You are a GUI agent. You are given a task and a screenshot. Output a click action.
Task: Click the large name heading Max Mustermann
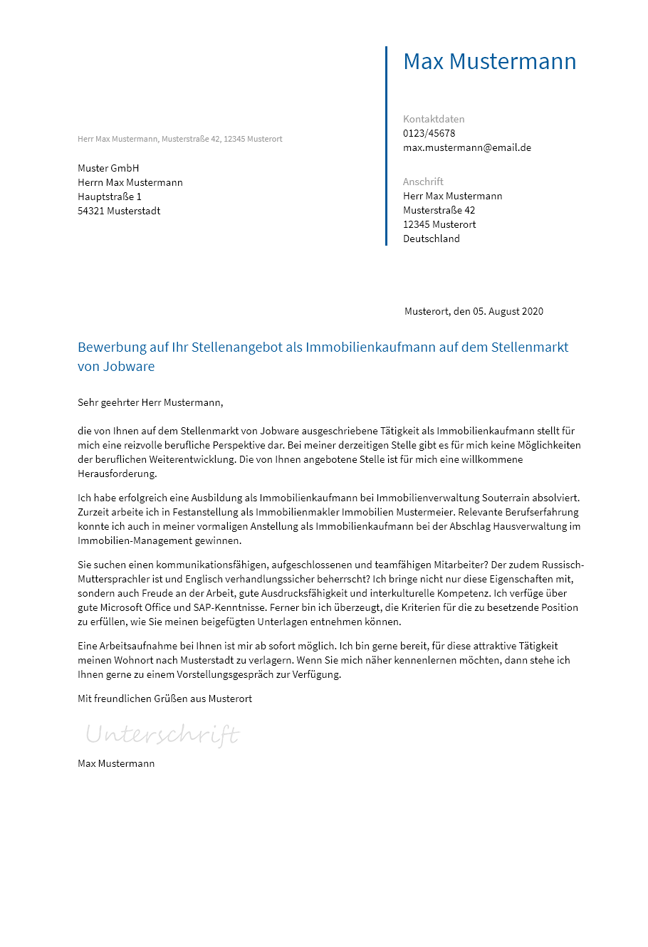pos(489,61)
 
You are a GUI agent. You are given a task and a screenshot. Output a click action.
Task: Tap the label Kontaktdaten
pos(434,119)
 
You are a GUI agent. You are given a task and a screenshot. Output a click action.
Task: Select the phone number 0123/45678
pos(429,133)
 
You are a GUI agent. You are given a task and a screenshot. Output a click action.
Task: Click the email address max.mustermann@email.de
pos(467,147)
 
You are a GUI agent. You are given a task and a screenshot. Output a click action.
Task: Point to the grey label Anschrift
pos(423,182)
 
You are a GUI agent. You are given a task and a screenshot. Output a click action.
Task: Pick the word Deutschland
pos(432,239)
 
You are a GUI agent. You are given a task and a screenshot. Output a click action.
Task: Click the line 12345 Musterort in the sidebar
pos(439,224)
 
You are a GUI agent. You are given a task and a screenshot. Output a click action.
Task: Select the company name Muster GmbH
pos(108,168)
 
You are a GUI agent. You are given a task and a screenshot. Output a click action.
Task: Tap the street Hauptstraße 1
pos(110,197)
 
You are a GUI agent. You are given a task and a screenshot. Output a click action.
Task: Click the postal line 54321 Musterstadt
pos(119,211)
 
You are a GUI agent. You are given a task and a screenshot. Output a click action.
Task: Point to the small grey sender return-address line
pos(179,139)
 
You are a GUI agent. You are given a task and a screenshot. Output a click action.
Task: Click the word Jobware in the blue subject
pos(130,367)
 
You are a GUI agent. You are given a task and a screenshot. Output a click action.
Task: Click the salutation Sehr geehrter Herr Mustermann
pos(150,402)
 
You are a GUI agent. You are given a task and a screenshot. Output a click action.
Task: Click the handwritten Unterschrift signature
pos(162,734)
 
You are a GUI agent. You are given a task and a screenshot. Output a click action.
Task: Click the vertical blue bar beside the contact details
pos(386,146)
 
